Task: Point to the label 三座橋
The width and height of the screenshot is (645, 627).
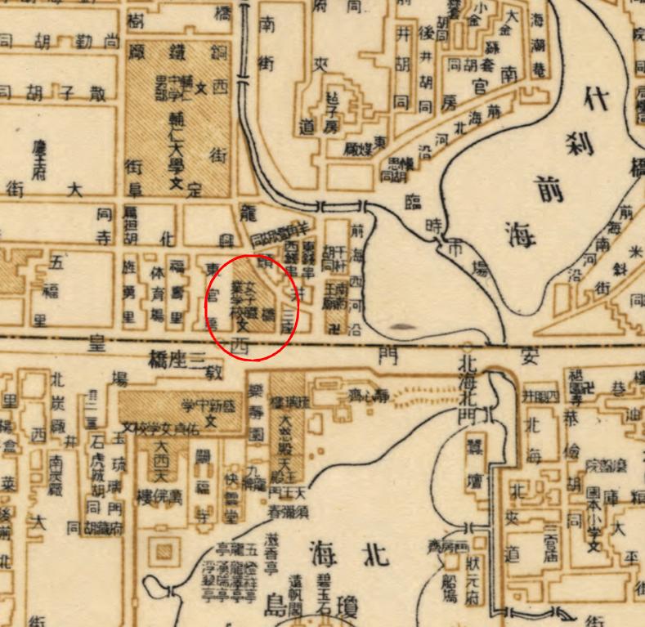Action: point(176,357)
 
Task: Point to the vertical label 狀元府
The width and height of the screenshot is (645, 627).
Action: point(472,571)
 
